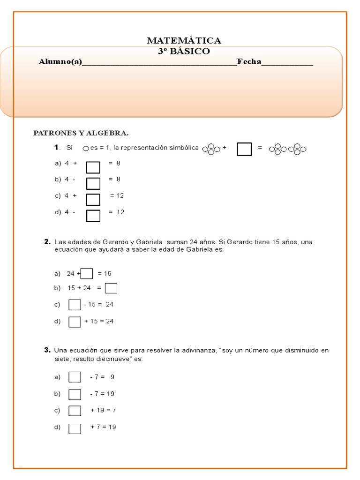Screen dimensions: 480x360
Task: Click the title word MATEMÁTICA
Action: (184, 41)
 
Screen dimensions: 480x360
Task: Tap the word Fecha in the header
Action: (249, 62)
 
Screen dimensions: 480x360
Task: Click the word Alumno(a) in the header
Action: (60, 62)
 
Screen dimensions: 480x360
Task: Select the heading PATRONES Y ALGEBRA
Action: (81, 133)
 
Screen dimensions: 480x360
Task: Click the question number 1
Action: (56, 148)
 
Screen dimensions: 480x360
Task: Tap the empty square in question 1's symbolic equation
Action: (244, 149)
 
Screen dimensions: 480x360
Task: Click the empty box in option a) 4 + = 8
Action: (93, 167)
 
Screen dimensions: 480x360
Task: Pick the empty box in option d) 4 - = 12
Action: (93, 216)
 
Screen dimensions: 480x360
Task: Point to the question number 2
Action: (47, 242)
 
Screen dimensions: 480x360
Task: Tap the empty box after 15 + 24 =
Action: (111, 288)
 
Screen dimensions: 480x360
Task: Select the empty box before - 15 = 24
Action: (75, 305)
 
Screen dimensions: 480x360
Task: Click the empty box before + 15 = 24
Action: (75, 322)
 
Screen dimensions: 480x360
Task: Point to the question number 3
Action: (47, 350)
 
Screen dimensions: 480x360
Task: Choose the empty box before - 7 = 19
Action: (75, 394)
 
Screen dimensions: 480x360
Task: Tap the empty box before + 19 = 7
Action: (75, 411)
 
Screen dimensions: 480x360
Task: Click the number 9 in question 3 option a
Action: (112, 377)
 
